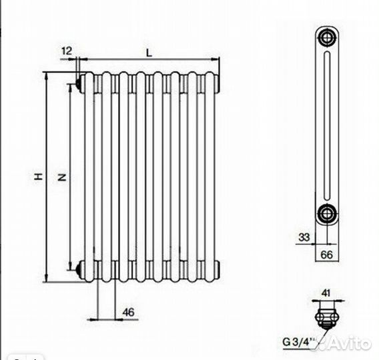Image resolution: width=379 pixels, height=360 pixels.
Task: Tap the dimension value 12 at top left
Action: [67, 51]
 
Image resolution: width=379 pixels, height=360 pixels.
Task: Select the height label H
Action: [39, 177]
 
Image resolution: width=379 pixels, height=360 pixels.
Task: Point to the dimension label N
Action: [61, 177]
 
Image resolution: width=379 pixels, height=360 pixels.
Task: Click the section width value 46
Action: [129, 311]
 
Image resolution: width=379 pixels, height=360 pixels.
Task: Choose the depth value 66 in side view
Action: [327, 253]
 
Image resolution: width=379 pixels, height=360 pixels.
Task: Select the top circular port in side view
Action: [326, 36]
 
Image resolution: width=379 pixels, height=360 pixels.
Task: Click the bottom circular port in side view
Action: [326, 213]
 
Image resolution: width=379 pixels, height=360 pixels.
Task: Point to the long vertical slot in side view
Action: [326, 125]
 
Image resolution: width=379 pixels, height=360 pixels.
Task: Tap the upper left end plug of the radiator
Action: [79, 83]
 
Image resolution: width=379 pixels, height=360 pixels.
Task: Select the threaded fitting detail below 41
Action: [327, 315]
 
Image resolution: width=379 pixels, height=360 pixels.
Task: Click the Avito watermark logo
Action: [347, 344]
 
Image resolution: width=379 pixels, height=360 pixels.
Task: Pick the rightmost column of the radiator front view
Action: [212, 177]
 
